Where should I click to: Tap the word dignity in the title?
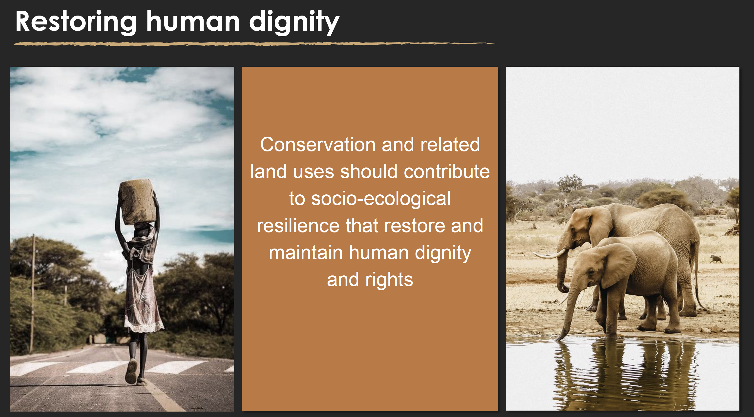click(x=294, y=22)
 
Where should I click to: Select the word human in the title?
click(x=193, y=21)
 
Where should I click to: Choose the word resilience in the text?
click(x=298, y=226)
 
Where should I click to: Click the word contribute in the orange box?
click(x=447, y=171)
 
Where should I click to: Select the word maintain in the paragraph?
click(x=306, y=253)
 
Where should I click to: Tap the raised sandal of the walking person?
click(x=131, y=371)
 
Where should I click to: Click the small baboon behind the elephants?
click(x=716, y=259)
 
